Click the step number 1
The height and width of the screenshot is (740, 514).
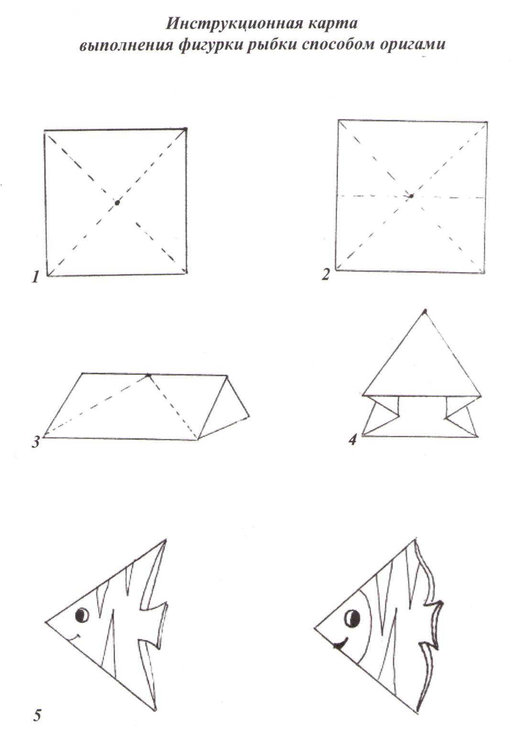(35, 277)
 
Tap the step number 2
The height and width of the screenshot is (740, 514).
(326, 275)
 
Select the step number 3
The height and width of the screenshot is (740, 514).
(36, 442)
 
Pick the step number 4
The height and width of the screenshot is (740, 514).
(353, 439)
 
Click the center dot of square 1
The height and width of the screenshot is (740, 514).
(117, 203)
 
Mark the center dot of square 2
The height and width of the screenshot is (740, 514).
(411, 196)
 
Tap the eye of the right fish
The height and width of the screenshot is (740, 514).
(352, 618)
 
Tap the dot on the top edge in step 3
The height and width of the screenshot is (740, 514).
(148, 375)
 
